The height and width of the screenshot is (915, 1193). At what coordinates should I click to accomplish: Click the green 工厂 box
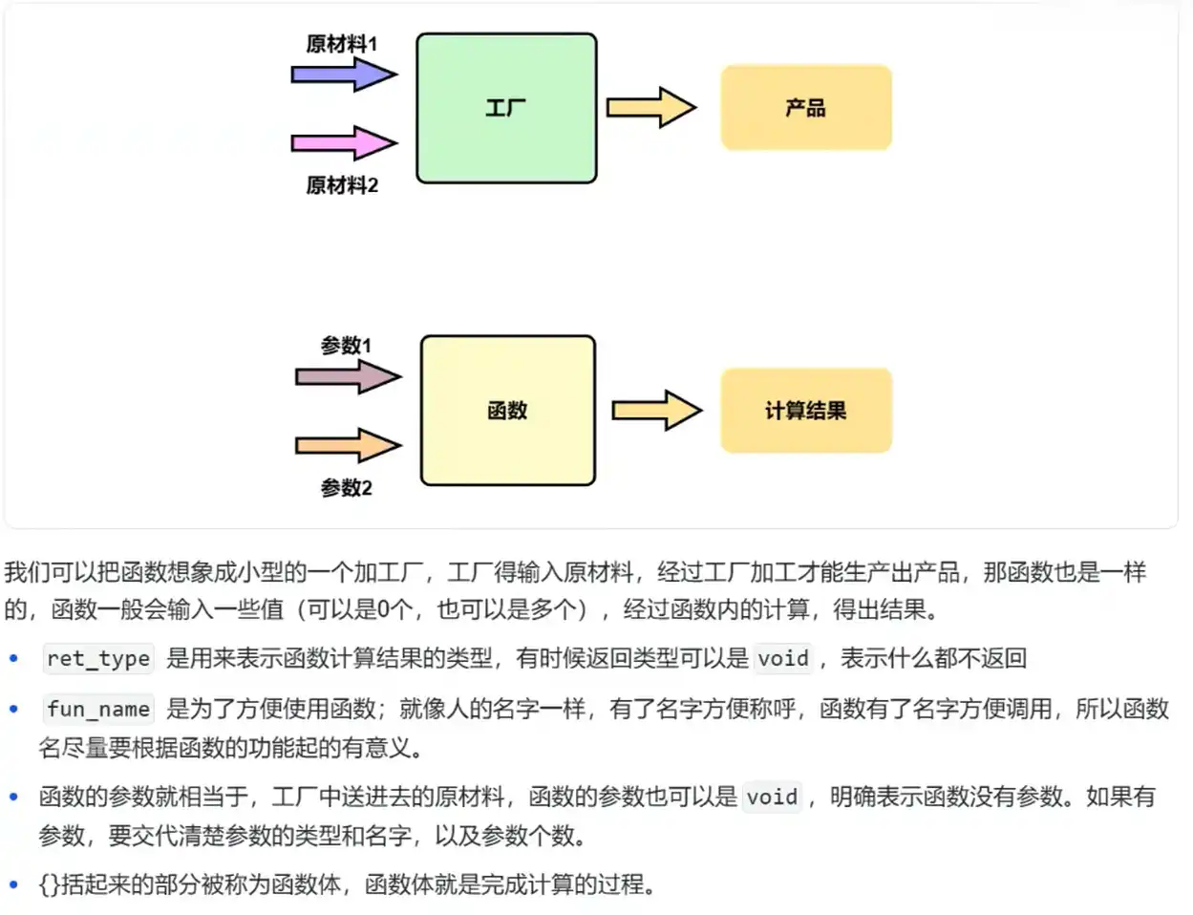(x=506, y=108)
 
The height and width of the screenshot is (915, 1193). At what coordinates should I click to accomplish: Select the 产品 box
(x=806, y=108)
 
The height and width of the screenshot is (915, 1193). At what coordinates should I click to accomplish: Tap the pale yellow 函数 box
(x=507, y=411)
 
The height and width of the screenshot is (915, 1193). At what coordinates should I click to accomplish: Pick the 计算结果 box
(x=806, y=411)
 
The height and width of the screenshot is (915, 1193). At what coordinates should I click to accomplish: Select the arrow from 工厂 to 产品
(x=651, y=107)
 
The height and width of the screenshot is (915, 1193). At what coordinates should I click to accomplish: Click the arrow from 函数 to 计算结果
(x=656, y=411)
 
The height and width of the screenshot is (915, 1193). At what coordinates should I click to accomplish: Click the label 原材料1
(x=342, y=44)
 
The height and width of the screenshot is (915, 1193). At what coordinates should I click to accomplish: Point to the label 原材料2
(x=342, y=185)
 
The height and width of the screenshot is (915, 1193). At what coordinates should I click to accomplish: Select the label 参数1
(x=346, y=346)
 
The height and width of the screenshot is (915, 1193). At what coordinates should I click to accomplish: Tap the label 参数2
(x=346, y=488)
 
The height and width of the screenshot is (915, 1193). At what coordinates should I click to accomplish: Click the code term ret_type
(x=98, y=658)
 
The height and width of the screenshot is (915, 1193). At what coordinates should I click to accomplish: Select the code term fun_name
(x=98, y=709)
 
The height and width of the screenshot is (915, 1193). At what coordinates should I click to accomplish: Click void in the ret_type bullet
(x=783, y=658)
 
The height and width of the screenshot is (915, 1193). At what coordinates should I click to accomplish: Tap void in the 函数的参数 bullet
(x=772, y=797)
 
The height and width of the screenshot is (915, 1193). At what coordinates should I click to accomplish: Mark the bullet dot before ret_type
(x=13, y=658)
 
